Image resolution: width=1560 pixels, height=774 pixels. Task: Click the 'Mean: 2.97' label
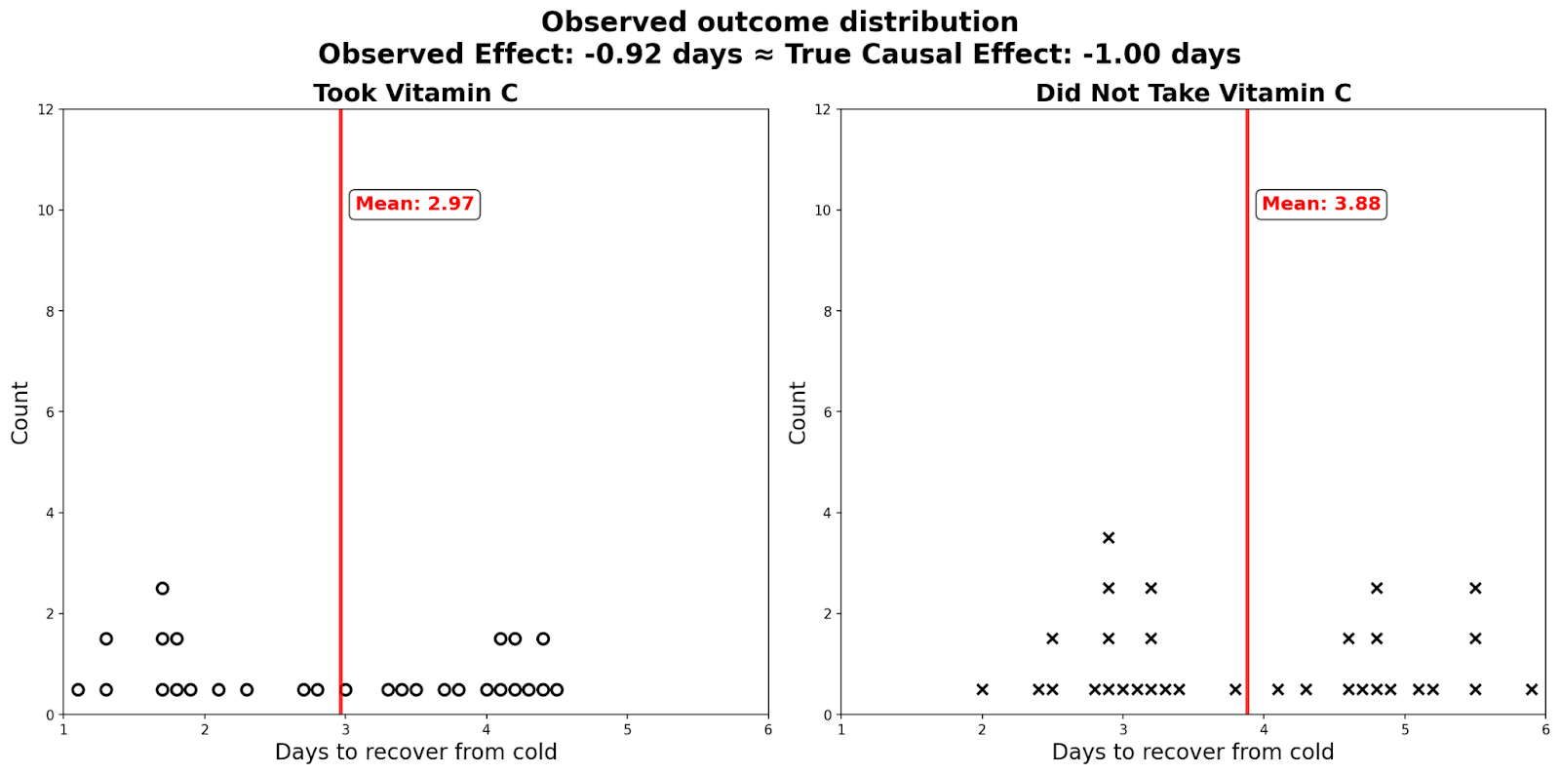(414, 204)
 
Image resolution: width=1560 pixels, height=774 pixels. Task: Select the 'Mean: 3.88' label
(1320, 204)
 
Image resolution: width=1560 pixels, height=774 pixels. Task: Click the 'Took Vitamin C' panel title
(415, 93)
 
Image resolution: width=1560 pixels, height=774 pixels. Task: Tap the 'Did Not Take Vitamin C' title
(1192, 93)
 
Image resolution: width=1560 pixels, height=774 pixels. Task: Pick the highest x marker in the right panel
(1109, 538)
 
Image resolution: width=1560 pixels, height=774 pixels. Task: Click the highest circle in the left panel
(163, 588)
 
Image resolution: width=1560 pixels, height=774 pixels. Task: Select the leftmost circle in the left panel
(78, 690)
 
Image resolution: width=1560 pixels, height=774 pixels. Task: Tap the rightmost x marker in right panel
(1532, 690)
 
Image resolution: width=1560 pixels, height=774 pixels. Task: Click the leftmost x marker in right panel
(982, 690)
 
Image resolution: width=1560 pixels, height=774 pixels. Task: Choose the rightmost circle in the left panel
(557, 690)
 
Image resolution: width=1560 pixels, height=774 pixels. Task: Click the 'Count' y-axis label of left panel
(20, 412)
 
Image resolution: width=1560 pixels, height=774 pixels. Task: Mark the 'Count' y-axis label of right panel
(798, 412)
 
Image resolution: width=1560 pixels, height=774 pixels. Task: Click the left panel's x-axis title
(415, 752)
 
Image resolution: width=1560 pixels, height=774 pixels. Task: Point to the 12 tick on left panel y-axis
(46, 109)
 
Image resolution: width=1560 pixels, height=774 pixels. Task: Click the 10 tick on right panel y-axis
(823, 211)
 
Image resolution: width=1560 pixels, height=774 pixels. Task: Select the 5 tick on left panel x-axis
(627, 729)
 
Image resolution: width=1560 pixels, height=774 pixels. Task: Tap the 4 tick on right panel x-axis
(1264, 729)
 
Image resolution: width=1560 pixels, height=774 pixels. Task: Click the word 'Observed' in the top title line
(604, 21)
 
